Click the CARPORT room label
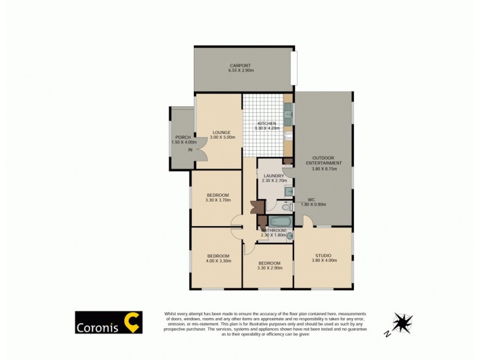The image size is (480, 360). pos(240,65)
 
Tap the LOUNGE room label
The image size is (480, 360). pos(221,132)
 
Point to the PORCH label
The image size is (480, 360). pos(183,137)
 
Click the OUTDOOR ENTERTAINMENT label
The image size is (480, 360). pos(324,160)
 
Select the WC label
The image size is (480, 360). pos(311,199)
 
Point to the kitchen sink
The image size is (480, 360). pos(288,111)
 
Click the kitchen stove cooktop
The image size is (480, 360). pos(287,136)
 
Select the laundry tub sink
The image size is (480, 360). pos(289,191)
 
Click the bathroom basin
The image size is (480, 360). pos(290,236)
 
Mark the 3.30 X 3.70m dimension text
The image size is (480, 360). pos(217,200)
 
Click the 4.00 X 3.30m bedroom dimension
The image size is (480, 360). pos(217,260)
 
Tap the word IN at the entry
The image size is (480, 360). pos(190,149)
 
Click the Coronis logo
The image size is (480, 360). pos(108,323)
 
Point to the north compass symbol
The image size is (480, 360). pos(402,322)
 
